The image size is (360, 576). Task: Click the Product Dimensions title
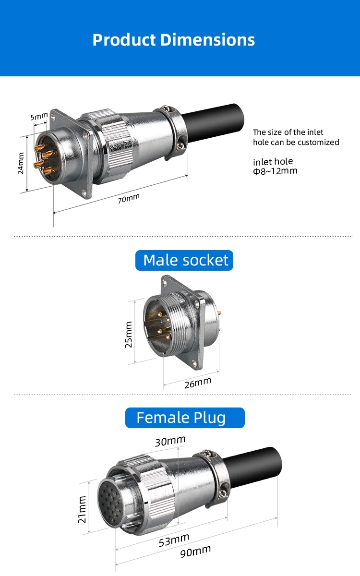173,39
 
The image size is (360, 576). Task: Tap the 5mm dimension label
39,116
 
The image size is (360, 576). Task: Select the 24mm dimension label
21,163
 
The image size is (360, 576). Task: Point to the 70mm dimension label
128,198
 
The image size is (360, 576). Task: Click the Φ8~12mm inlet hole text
275,171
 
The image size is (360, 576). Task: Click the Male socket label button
185,260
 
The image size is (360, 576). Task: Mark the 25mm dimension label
129,335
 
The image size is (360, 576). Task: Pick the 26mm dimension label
198,383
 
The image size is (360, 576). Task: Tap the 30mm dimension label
170,441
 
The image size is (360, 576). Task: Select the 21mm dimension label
82,509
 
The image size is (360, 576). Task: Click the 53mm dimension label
174,540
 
